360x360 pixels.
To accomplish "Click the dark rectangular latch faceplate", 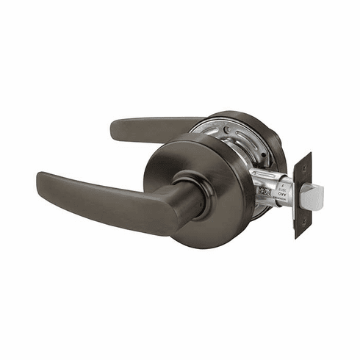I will pyautogui.click(x=302, y=195).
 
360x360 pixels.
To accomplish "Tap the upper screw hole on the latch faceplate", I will pyautogui.click(x=303, y=168).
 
